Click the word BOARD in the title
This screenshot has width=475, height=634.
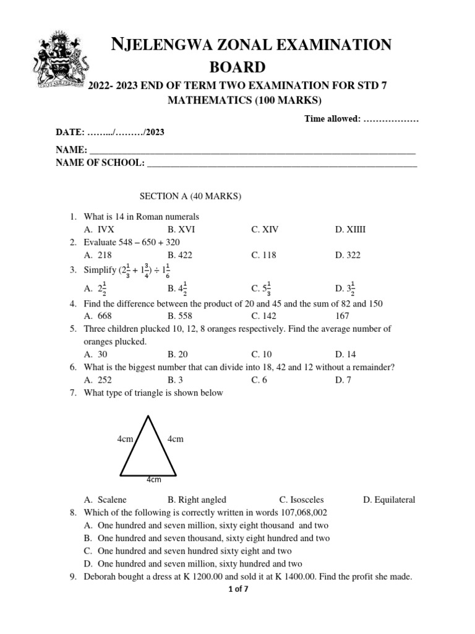point(237,67)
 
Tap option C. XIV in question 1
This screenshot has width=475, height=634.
point(265,229)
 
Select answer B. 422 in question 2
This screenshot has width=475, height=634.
point(180,255)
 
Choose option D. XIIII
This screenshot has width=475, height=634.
point(351,229)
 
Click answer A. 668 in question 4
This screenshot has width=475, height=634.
point(98,315)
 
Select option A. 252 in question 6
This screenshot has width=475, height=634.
point(98,380)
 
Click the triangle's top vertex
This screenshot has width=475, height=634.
point(147,416)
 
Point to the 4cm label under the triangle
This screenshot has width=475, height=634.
point(153,479)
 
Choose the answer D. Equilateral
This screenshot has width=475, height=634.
point(389,500)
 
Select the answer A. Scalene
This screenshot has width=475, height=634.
point(105,500)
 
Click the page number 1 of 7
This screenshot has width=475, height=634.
point(237,589)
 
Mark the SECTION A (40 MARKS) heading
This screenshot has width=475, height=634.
point(190,196)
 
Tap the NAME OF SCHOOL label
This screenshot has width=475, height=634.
point(100,163)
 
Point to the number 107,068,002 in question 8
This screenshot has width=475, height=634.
point(299,513)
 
